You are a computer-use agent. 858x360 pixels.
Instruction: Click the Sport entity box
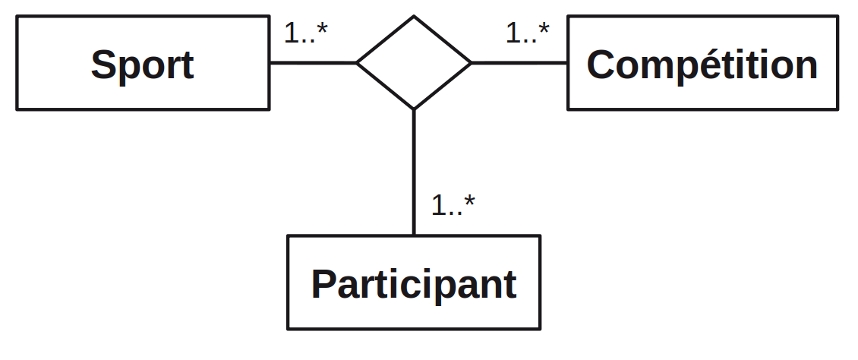pos(143,64)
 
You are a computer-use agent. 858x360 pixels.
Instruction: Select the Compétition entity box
pos(702,64)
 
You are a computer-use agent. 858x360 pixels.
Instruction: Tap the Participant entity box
pos(414,283)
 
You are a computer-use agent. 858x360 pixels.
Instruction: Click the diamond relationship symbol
pos(414,62)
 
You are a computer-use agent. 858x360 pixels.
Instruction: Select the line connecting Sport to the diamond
pos(313,62)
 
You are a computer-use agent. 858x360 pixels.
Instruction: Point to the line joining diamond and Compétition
pos(519,62)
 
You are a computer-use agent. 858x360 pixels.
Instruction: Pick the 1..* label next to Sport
pos(306,33)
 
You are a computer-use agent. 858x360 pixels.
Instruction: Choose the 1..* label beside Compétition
pos(528,33)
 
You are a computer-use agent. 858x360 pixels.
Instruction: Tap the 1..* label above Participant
pos(453,204)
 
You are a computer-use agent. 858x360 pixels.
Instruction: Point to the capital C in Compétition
pos(601,65)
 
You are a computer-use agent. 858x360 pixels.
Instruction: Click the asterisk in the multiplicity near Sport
pos(322,28)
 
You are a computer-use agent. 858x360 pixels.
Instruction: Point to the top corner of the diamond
pos(414,17)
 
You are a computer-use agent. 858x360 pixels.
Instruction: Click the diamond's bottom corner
pos(414,109)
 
